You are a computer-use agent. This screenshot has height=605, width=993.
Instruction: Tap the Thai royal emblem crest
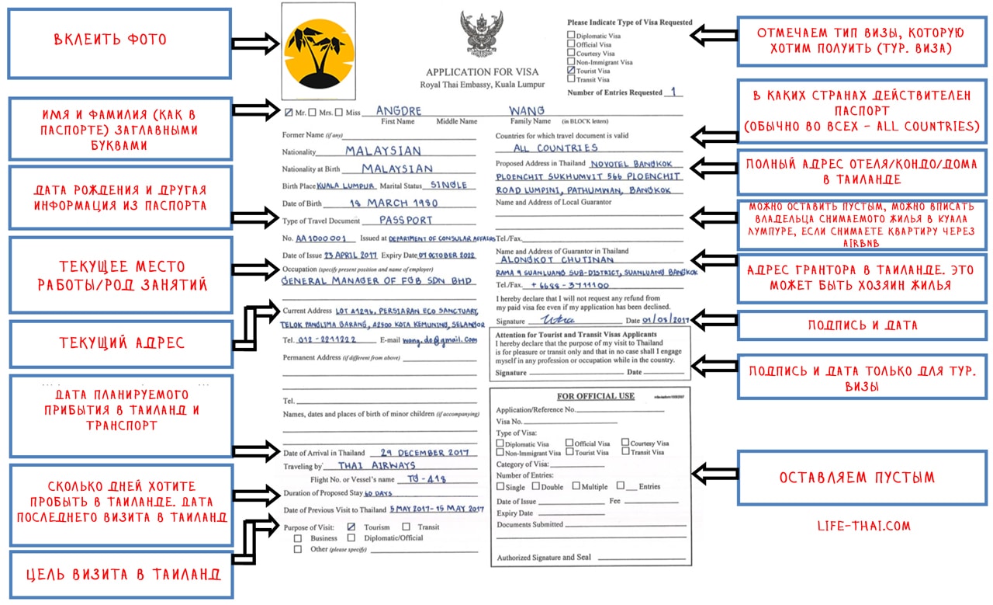481,35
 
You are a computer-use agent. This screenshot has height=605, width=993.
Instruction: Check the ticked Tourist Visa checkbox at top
571,71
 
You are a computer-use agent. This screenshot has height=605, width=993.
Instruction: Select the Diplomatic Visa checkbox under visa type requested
571,34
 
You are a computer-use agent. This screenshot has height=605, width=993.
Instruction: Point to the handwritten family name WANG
527,110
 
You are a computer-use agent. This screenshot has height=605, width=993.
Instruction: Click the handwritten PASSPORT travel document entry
406,221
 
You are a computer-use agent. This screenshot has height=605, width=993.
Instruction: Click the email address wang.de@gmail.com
440,340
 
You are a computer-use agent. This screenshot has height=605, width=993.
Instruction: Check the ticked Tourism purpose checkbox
351,527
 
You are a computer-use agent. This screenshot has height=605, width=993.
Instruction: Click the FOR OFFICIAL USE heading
595,396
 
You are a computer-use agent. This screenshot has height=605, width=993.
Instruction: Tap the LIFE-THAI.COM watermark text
863,526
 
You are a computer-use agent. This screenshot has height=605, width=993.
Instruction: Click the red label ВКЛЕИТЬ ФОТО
110,39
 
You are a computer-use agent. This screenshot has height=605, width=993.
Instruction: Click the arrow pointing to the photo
254,42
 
